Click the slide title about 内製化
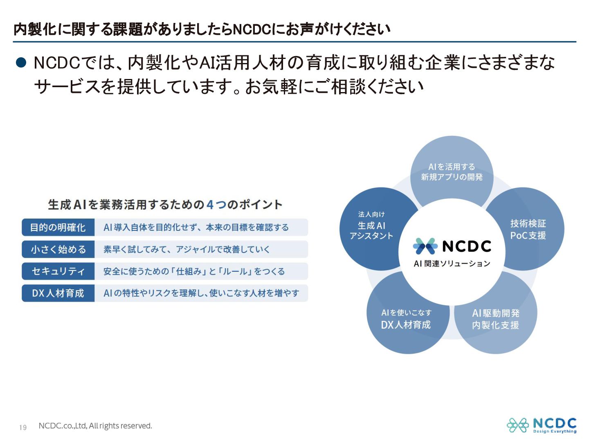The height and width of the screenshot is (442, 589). coord(202,29)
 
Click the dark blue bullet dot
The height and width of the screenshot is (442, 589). coord(21,63)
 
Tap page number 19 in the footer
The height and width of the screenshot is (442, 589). coord(23,427)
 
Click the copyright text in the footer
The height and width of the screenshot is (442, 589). coord(95,426)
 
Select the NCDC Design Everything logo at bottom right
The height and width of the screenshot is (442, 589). coord(542,425)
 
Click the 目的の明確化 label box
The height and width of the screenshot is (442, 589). coord(58,228)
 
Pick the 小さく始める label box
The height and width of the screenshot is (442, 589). coord(58,249)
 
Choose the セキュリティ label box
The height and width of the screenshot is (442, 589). coord(58,271)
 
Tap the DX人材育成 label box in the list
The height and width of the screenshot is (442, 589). coord(58,293)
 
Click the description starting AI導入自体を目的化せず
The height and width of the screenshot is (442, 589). coord(196,228)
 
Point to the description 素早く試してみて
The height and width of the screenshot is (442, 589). coord(187,249)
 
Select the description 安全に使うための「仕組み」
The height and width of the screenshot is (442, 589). coord(194,271)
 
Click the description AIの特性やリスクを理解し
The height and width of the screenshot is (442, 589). coord(201,293)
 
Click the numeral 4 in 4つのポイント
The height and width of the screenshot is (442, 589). coord(210,204)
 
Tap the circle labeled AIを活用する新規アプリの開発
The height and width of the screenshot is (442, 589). coord(452,172)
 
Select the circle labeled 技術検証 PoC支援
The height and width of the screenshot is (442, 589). coord(528,229)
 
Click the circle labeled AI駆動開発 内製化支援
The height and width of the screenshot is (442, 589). coord(496,319)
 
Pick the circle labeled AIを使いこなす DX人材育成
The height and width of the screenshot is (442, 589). coord(406,319)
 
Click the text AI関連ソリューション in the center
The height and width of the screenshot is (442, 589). coord(452,264)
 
